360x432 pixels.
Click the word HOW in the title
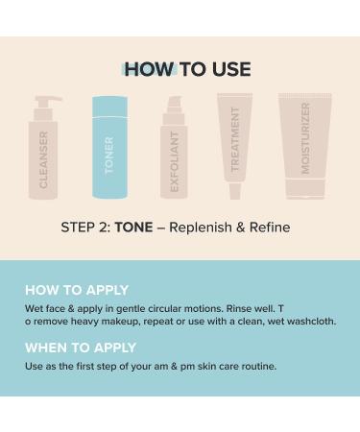tap(149, 69)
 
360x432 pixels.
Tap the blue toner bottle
tap(108, 149)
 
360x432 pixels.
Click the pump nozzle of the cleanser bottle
tap(47, 100)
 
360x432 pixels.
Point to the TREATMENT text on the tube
tap(235, 136)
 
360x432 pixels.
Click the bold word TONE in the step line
tap(133, 228)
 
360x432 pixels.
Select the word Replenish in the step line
tap(200, 228)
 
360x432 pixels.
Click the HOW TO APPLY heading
tap(76, 290)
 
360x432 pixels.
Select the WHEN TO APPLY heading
tap(81, 348)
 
